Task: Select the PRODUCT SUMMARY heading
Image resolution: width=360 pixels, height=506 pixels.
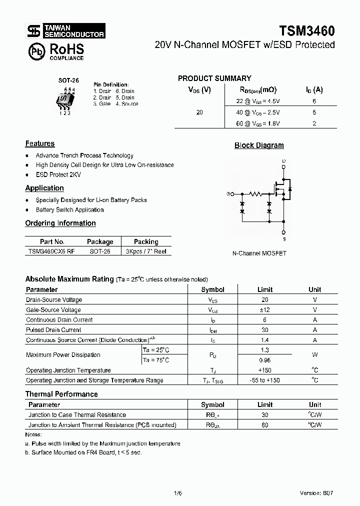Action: click(x=214, y=78)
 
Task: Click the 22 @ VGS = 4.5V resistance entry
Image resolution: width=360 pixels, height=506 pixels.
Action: click(x=258, y=101)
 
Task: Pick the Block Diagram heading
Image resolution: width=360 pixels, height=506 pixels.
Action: click(x=259, y=145)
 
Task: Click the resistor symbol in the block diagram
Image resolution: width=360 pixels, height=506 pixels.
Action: click(x=256, y=193)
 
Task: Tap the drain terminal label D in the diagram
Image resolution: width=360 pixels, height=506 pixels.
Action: click(x=283, y=160)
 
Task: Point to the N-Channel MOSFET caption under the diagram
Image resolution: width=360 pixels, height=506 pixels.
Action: click(x=259, y=253)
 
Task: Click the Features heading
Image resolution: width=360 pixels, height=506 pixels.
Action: click(x=40, y=143)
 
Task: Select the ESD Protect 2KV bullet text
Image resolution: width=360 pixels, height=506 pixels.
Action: click(x=58, y=175)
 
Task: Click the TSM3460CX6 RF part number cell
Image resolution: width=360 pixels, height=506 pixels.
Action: click(x=52, y=251)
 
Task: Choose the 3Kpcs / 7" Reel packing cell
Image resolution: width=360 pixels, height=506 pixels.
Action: click(x=146, y=251)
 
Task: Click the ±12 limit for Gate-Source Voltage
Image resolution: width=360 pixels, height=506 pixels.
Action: click(x=264, y=310)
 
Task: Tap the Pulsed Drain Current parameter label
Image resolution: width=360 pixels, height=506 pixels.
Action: click(x=53, y=330)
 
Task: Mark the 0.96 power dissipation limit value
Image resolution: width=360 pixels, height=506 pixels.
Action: click(x=264, y=360)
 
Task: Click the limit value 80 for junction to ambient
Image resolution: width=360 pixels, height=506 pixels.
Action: click(x=264, y=425)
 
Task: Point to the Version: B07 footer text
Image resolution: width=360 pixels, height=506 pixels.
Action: click(x=316, y=492)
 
